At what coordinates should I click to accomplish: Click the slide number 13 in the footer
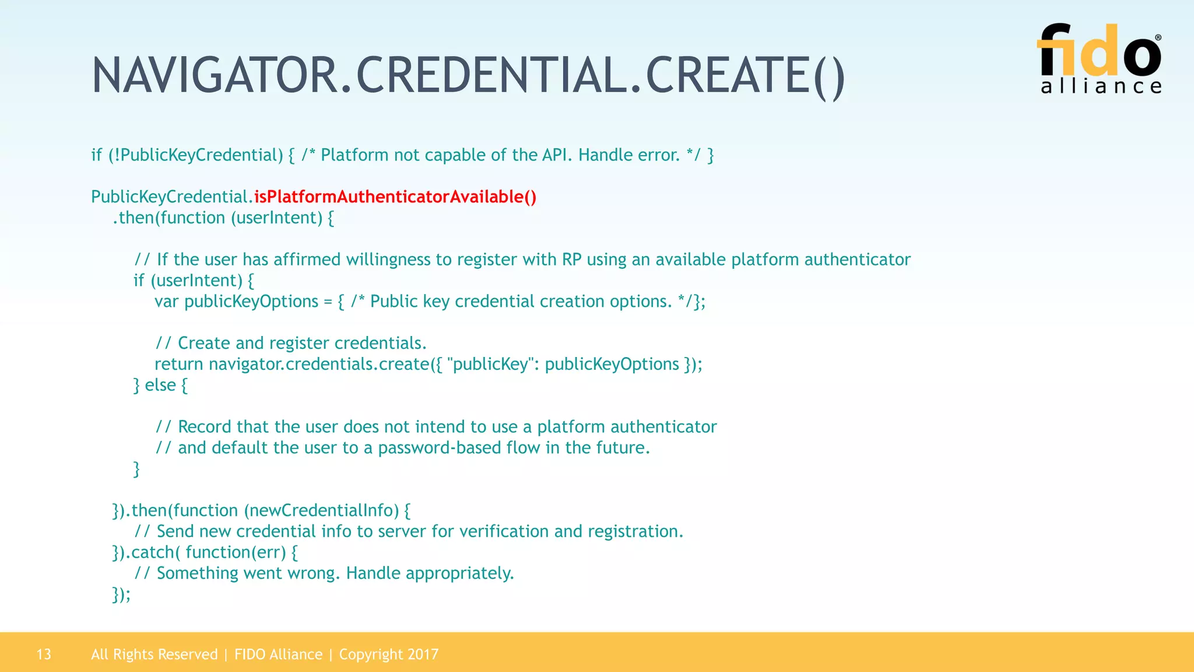click(44, 654)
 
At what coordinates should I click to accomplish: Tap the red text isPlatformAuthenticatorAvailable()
click(395, 197)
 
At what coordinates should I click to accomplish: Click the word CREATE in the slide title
click(726, 76)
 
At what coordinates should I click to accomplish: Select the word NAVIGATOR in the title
click(215, 76)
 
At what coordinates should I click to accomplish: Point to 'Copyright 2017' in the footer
click(389, 654)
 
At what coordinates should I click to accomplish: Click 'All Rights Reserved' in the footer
click(154, 654)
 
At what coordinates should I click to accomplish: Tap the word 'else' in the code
click(160, 386)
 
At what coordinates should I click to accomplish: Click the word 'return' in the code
click(178, 365)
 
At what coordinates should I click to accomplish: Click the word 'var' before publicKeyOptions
click(166, 302)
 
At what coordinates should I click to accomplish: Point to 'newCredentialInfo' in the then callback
click(321, 511)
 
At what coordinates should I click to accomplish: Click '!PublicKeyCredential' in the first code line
click(196, 155)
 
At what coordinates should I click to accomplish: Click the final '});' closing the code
click(121, 594)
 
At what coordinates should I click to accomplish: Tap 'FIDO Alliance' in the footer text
click(278, 654)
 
